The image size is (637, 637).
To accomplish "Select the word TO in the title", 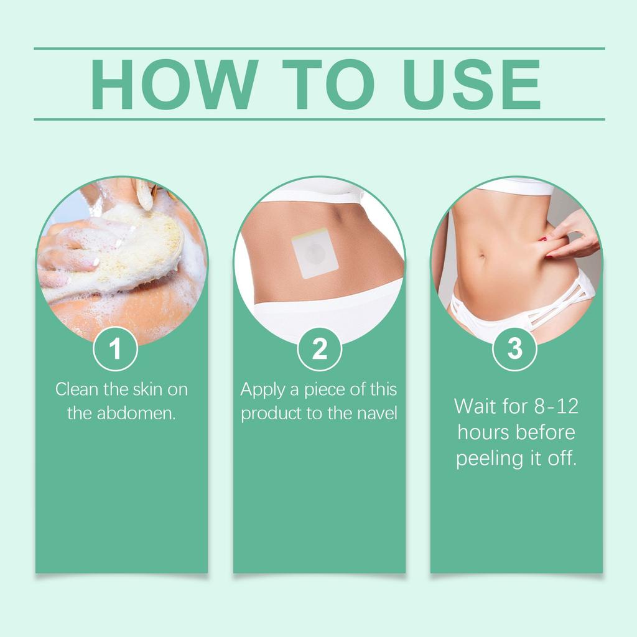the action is pos(328,85).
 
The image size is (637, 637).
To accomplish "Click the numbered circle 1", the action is pos(115,349).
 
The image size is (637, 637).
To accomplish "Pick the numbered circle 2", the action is pos(319,349).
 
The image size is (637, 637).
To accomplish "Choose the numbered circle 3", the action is pos(514,349).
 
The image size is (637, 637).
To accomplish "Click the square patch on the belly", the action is pos(315,253).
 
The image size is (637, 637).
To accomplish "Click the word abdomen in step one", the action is pos(136,413).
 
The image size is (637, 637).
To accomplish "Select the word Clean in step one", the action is pos(77,389).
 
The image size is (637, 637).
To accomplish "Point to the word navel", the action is pos(377,413).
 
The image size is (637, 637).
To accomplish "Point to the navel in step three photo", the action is pos(482,256).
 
